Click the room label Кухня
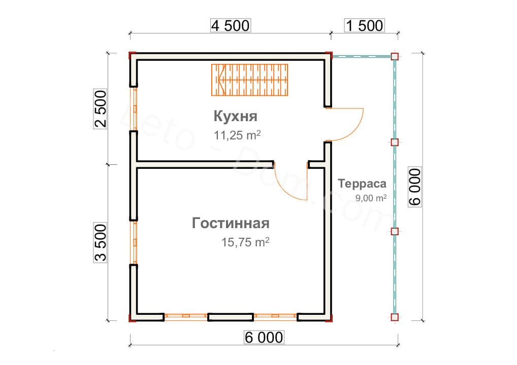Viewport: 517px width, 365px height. [235, 116]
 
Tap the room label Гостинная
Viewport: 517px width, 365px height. [230, 223]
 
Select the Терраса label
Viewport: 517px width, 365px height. [363, 184]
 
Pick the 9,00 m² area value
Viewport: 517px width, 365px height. [371, 198]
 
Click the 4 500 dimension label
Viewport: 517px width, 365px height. [230, 25]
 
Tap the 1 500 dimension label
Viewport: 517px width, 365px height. [364, 25]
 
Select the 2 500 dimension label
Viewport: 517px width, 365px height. [100, 109]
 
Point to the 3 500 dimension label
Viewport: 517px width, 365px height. [100, 243]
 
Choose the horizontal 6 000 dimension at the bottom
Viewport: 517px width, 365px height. [263, 337]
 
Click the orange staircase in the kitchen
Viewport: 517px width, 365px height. [249, 80]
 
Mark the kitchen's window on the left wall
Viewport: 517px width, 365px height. [135, 109]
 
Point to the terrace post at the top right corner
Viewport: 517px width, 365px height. [395, 56]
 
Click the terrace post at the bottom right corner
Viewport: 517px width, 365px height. [395, 317]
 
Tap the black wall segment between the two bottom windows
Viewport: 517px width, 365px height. [231, 317]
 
